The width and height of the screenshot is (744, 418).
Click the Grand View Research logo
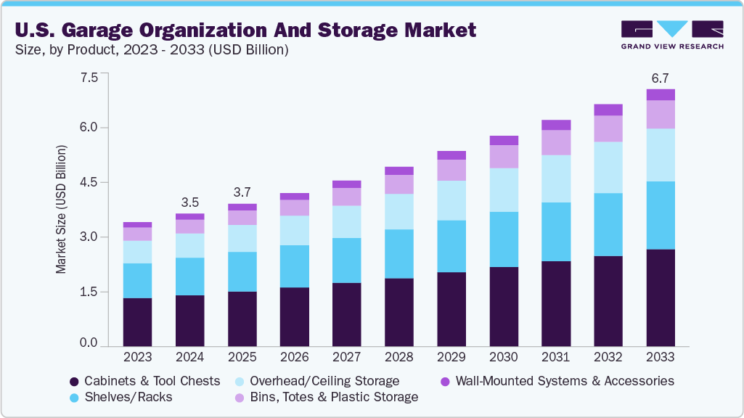(672, 35)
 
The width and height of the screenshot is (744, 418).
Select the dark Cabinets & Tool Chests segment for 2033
(661, 298)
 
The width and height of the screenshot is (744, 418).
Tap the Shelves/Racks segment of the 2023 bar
(137, 281)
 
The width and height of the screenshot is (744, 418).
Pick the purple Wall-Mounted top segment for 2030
(504, 140)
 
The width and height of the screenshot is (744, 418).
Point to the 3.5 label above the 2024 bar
(189, 202)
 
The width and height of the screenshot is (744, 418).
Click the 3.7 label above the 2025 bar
(242, 193)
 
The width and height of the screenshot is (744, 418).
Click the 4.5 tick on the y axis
(89, 183)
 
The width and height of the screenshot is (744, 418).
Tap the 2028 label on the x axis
(398, 358)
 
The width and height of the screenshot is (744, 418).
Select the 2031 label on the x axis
(556, 358)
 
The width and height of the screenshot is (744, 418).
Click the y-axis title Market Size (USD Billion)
(61, 210)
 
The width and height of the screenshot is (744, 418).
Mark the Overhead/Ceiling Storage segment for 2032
(608, 167)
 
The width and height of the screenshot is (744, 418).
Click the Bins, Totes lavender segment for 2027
(346, 197)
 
